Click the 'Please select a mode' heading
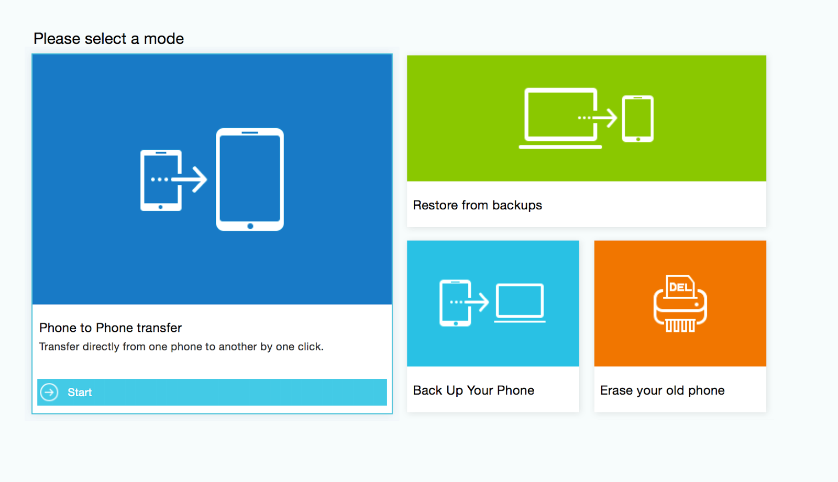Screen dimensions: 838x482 (x=108, y=39)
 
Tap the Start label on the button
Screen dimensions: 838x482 (x=79, y=393)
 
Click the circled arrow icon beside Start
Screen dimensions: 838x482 (x=49, y=393)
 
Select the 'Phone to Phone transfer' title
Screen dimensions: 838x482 (x=111, y=328)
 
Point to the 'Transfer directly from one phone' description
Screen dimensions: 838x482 (x=181, y=346)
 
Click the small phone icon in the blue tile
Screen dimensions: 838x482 (x=161, y=181)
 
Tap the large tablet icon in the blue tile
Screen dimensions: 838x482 (x=250, y=180)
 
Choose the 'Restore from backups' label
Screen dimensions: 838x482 (x=477, y=205)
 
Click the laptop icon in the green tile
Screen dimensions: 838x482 (x=560, y=118)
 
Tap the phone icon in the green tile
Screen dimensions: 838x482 (x=638, y=119)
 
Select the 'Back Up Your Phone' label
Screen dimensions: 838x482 (x=473, y=390)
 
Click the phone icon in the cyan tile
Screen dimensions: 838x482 (x=455, y=303)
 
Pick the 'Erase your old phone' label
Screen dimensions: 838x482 (x=662, y=390)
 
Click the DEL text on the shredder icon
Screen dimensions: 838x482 (x=680, y=287)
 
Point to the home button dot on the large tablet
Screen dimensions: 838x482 (x=250, y=226)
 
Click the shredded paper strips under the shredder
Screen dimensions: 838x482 (x=680, y=326)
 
